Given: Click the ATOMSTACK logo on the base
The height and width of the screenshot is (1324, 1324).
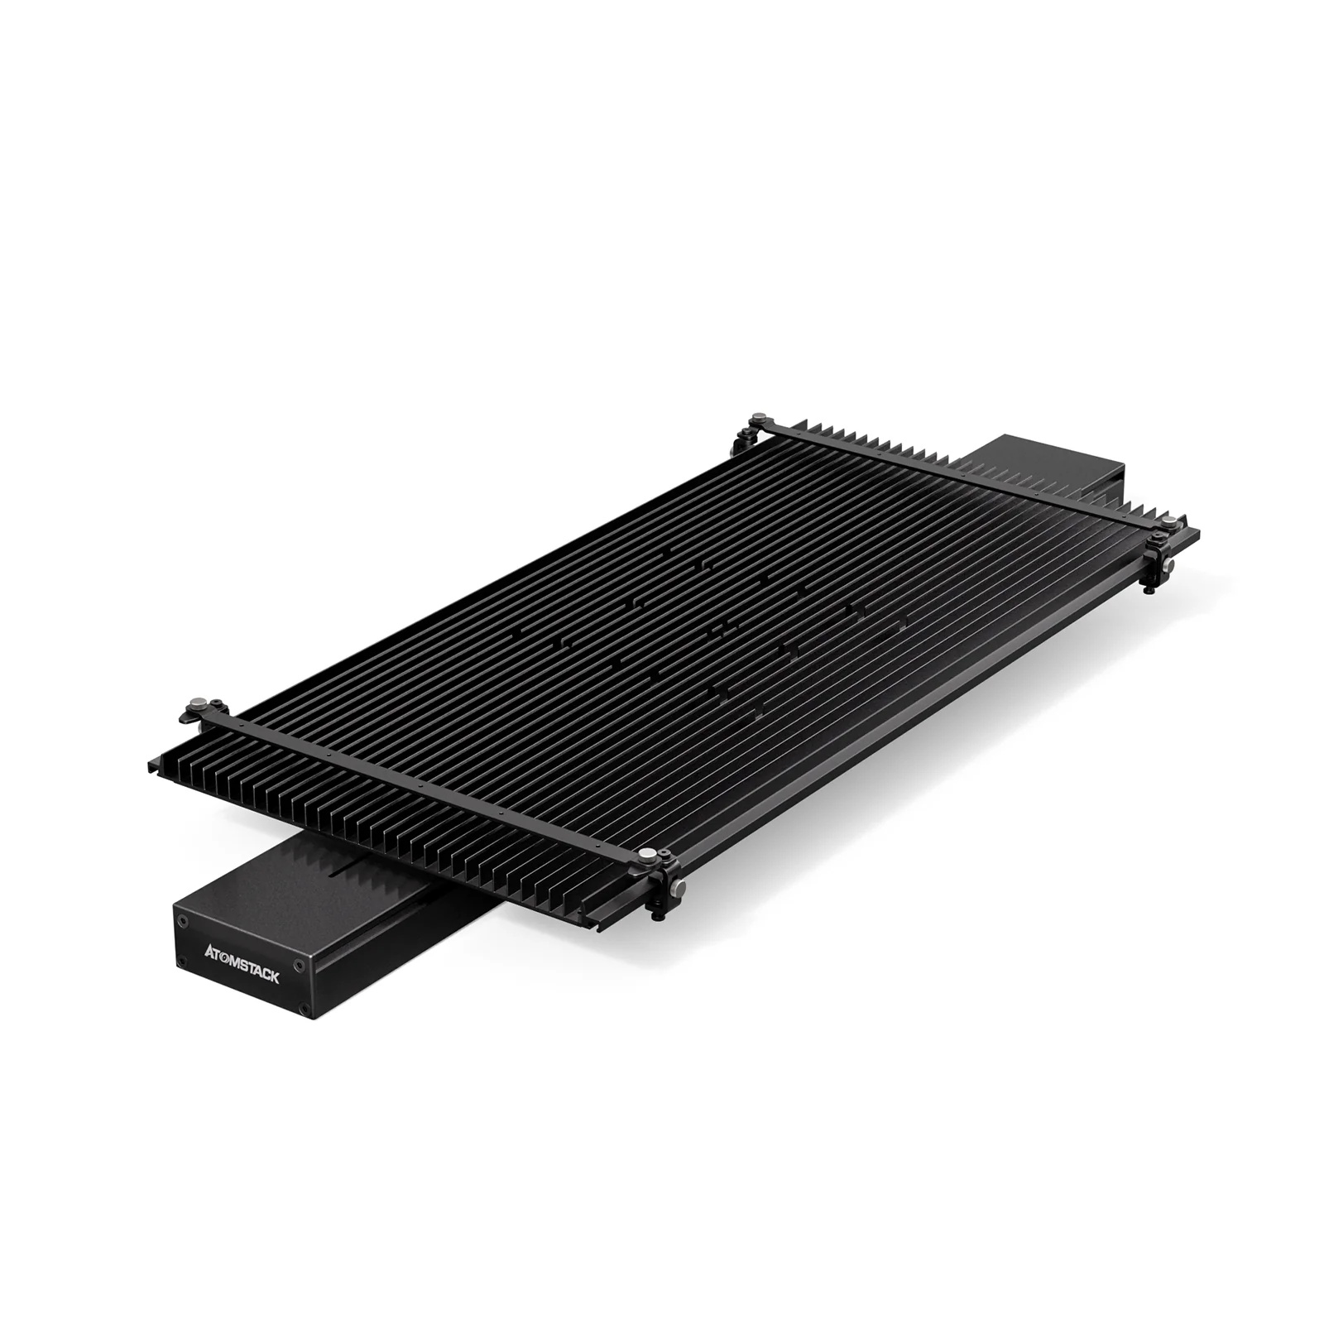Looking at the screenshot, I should pos(242,964).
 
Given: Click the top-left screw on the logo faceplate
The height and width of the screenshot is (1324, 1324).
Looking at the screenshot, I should pos(183,920).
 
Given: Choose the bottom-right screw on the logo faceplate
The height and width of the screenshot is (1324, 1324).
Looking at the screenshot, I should pos(304,1009).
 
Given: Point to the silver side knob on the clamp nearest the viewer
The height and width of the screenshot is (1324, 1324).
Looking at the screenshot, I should pos(678,888).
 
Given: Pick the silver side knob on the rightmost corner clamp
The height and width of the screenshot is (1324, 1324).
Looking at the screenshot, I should pos(1168,566).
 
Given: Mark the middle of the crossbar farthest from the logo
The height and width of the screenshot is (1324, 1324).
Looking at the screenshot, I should pos(960,472).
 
